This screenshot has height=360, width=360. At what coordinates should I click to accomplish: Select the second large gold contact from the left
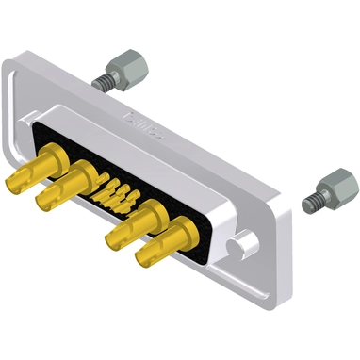pos(66,189)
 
